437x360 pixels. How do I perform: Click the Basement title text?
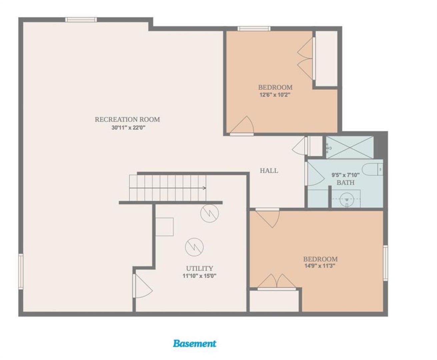coord(195,343)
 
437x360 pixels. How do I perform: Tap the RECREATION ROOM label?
coord(127,120)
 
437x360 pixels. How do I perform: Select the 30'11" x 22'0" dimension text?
coord(128,127)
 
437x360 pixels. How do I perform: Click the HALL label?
coord(269,171)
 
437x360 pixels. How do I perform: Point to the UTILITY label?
coord(199,268)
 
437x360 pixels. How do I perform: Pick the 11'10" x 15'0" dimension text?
coord(199,276)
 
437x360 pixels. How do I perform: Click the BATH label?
coord(345,183)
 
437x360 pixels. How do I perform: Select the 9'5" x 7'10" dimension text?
coord(346,175)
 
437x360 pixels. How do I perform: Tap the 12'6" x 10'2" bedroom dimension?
coord(275,95)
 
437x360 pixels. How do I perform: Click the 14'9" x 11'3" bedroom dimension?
coord(320,266)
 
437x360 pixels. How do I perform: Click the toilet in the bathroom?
coord(372,169)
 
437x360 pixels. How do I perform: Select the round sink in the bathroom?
coord(347,199)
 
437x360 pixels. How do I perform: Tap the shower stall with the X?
coord(350,147)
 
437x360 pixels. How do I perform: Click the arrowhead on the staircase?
coord(204,188)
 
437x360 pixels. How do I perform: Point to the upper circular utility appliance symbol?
coord(210,213)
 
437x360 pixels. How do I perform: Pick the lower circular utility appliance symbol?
coord(194,247)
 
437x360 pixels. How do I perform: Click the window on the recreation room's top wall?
coord(81,20)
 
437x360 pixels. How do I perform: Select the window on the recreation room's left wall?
coord(21,272)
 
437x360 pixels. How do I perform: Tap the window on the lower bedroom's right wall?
coord(385,263)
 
